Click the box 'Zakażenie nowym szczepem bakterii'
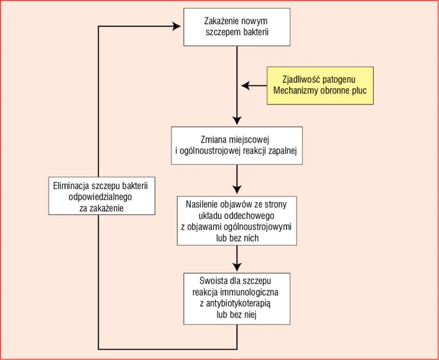[237, 27]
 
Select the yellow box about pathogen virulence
[320, 85]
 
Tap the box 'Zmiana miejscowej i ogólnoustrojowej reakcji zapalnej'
[237, 146]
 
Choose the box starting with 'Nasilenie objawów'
[237, 221]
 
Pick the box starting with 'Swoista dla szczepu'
[237, 299]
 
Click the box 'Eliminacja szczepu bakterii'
[101, 196]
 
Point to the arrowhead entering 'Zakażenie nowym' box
[176, 26]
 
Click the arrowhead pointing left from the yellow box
[245, 85]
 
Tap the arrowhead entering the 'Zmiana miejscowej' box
[237, 121]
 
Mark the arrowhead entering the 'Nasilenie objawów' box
[237, 190]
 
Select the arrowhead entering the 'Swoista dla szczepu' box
[237, 267]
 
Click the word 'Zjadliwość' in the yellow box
[300, 80]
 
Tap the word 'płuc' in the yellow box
[359, 91]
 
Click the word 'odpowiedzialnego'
[100, 197]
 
